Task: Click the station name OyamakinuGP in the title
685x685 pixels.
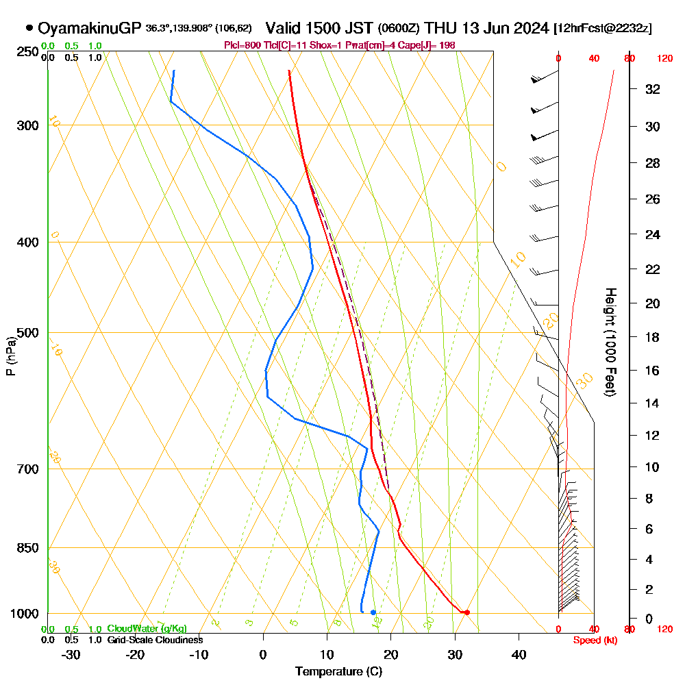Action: point(89,28)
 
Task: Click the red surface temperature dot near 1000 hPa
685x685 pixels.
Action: point(467,612)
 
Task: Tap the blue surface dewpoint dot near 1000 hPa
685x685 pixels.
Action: point(373,612)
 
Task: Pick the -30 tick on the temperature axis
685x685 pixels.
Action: point(71,654)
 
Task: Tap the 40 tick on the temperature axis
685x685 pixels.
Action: point(519,654)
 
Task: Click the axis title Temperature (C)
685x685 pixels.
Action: point(338,672)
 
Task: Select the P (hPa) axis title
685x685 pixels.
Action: point(10,356)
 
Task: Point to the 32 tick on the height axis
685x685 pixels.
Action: point(653,89)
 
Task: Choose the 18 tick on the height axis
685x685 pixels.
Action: point(653,337)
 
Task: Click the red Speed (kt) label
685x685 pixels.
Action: point(593,640)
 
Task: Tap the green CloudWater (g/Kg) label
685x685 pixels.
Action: point(147,629)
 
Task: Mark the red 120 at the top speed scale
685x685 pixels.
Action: point(664,59)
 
